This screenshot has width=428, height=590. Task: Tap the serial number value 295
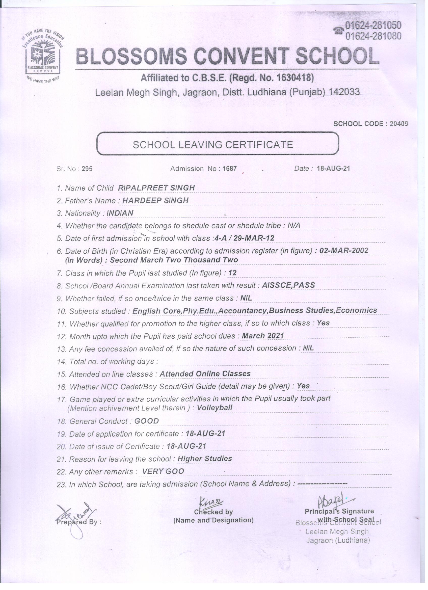click(87, 169)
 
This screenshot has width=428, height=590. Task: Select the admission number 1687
click(229, 169)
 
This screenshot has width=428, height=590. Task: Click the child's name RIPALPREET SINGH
click(156, 188)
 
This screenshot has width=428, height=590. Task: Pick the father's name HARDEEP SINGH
click(155, 200)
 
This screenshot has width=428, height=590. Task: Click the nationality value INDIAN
click(120, 213)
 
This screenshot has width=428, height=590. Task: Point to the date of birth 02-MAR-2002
click(343, 251)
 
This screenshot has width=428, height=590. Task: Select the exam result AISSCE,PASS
click(288, 285)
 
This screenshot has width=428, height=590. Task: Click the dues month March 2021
click(262, 336)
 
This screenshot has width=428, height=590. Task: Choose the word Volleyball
click(215, 408)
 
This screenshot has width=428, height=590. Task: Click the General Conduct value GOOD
click(146, 421)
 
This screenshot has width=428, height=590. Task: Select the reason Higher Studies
click(204, 459)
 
